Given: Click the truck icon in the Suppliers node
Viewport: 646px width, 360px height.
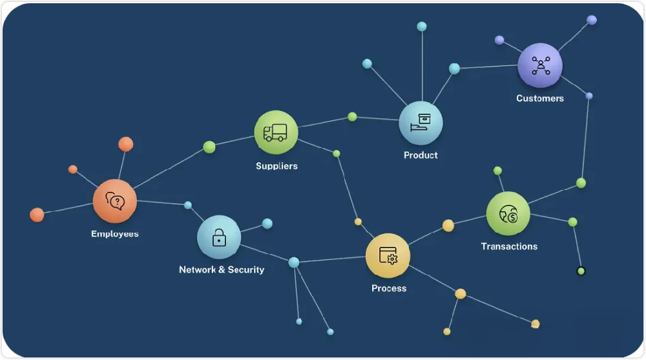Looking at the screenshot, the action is coord(275,132).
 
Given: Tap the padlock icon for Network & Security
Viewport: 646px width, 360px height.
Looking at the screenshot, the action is coord(219,238).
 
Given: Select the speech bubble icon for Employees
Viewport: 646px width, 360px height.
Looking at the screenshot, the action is coord(115,201).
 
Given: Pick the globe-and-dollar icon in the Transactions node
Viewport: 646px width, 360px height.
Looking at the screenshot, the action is coord(508,214).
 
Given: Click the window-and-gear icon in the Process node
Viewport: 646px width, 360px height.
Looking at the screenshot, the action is coord(388,256).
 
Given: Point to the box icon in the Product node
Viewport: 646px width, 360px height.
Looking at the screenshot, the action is coord(421,123).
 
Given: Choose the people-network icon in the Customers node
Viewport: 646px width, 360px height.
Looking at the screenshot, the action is coord(541,65).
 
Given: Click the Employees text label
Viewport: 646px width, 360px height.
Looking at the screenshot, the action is coord(115,234).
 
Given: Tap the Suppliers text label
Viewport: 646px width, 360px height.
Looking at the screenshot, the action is coord(276,166).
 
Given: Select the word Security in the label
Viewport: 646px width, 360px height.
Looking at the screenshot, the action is coord(246,270).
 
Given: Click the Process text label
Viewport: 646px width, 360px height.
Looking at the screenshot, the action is coord(389,288).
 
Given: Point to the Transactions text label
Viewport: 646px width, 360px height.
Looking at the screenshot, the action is coord(509,247).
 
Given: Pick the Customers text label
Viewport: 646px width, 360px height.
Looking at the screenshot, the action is coord(540,98).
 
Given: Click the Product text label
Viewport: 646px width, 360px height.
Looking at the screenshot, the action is coord(421,156).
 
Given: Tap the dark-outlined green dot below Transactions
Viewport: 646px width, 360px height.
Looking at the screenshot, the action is coord(581,271).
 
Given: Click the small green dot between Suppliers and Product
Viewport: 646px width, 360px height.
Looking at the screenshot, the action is coord(352,117).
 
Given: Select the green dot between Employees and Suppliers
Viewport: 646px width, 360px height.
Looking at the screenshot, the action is coord(209,147).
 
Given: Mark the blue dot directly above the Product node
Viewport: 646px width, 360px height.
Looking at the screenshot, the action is coord(422,26).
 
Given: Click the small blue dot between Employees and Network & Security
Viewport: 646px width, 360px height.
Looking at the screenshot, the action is coord(188,205).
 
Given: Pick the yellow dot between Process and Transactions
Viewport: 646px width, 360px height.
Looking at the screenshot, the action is coord(448,226).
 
